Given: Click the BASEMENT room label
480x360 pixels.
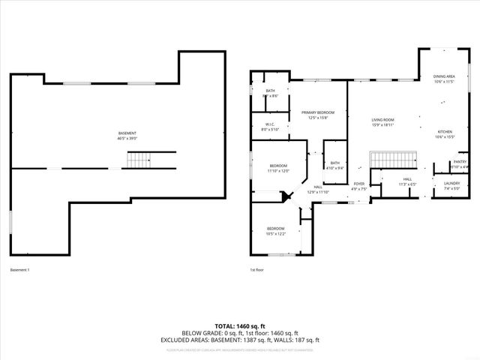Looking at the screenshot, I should coord(127,133).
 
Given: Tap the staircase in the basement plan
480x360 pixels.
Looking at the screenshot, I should coord(138,160).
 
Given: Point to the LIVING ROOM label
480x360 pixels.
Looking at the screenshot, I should coord(382,120).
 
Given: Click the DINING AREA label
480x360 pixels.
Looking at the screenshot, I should coord(444,77).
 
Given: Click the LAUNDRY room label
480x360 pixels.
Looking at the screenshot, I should coord(451,183).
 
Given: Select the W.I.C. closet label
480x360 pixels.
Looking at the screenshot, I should coord(269,124).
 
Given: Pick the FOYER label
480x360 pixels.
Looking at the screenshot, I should coord(359,184).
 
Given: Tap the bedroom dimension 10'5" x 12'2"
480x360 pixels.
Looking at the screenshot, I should coord(276,233).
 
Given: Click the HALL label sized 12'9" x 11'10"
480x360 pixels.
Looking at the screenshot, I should coord(318,191).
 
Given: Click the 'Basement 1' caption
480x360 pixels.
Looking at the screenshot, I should coord(19,269).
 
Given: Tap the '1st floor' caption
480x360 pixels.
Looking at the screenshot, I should coord(257,269).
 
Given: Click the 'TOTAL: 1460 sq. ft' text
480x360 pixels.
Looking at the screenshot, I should coord(239,326).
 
